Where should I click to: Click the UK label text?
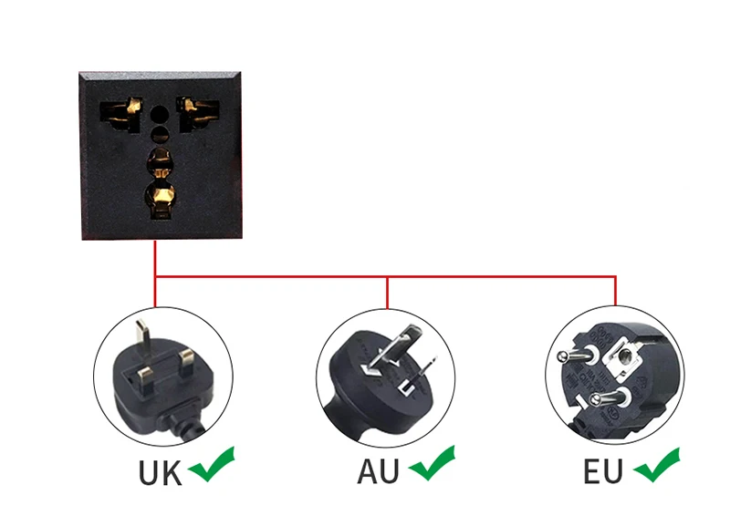[x=161, y=473]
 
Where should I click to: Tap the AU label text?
[x=380, y=473]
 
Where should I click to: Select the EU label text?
[x=603, y=472]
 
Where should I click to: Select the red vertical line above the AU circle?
[x=388, y=292]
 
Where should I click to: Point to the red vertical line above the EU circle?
[x=616, y=291]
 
